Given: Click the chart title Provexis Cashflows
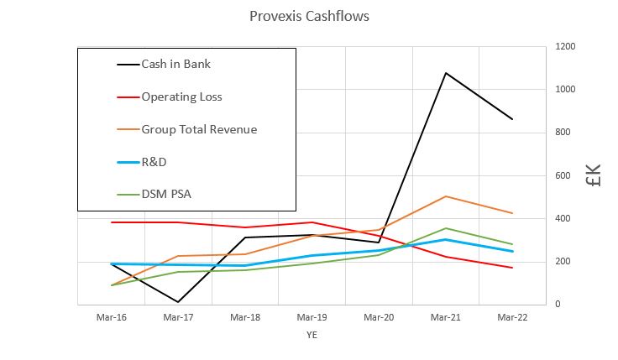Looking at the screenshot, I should click(309, 16).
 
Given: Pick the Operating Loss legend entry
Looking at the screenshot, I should click(181, 97).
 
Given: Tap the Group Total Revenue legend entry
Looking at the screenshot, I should click(199, 129).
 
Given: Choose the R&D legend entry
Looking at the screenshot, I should click(155, 162).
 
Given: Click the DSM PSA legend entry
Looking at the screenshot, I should click(166, 195).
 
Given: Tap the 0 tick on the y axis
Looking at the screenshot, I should click(558, 305).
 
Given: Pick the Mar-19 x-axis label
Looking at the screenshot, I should click(311, 317).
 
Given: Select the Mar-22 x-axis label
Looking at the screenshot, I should click(512, 317).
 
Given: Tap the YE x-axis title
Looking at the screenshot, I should click(311, 335).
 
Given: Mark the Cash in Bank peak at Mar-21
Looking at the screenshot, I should click(445, 73).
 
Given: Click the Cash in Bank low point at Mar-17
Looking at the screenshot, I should click(177, 302).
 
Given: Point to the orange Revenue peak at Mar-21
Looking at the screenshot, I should click(445, 196).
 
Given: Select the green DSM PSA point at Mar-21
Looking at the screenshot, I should click(445, 228).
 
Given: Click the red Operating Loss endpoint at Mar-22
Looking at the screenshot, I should click(512, 268).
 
